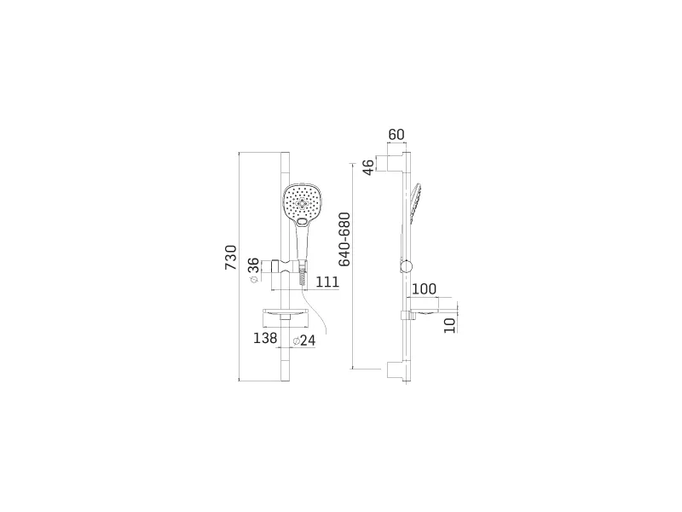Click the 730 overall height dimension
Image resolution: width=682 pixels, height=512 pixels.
click(231, 258)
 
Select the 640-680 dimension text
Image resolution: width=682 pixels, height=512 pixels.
click(344, 239)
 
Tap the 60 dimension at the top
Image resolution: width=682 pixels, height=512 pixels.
click(396, 135)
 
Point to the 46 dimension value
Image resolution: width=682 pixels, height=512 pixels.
click(368, 167)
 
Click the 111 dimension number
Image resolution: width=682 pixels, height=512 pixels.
click(327, 282)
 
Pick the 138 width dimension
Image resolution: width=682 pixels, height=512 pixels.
click(265, 338)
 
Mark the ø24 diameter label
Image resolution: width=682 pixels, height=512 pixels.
click(304, 340)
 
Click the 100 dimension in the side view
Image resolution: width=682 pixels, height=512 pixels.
click(424, 288)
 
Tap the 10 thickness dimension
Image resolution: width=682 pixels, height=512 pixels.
click(450, 326)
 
